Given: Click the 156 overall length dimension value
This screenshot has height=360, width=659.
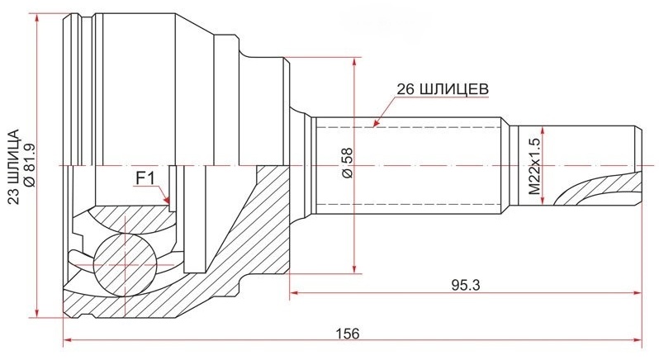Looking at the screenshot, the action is pos(348,334).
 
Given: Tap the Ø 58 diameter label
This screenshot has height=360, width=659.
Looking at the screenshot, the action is pos(348,163).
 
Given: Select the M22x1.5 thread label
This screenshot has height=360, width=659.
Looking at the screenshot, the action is pos(535,165).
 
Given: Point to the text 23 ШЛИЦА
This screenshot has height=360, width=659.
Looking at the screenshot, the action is pos(14,167).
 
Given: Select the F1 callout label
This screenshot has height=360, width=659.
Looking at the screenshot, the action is pos(145,179).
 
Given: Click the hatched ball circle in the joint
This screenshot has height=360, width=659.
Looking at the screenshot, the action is pos(125,265).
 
